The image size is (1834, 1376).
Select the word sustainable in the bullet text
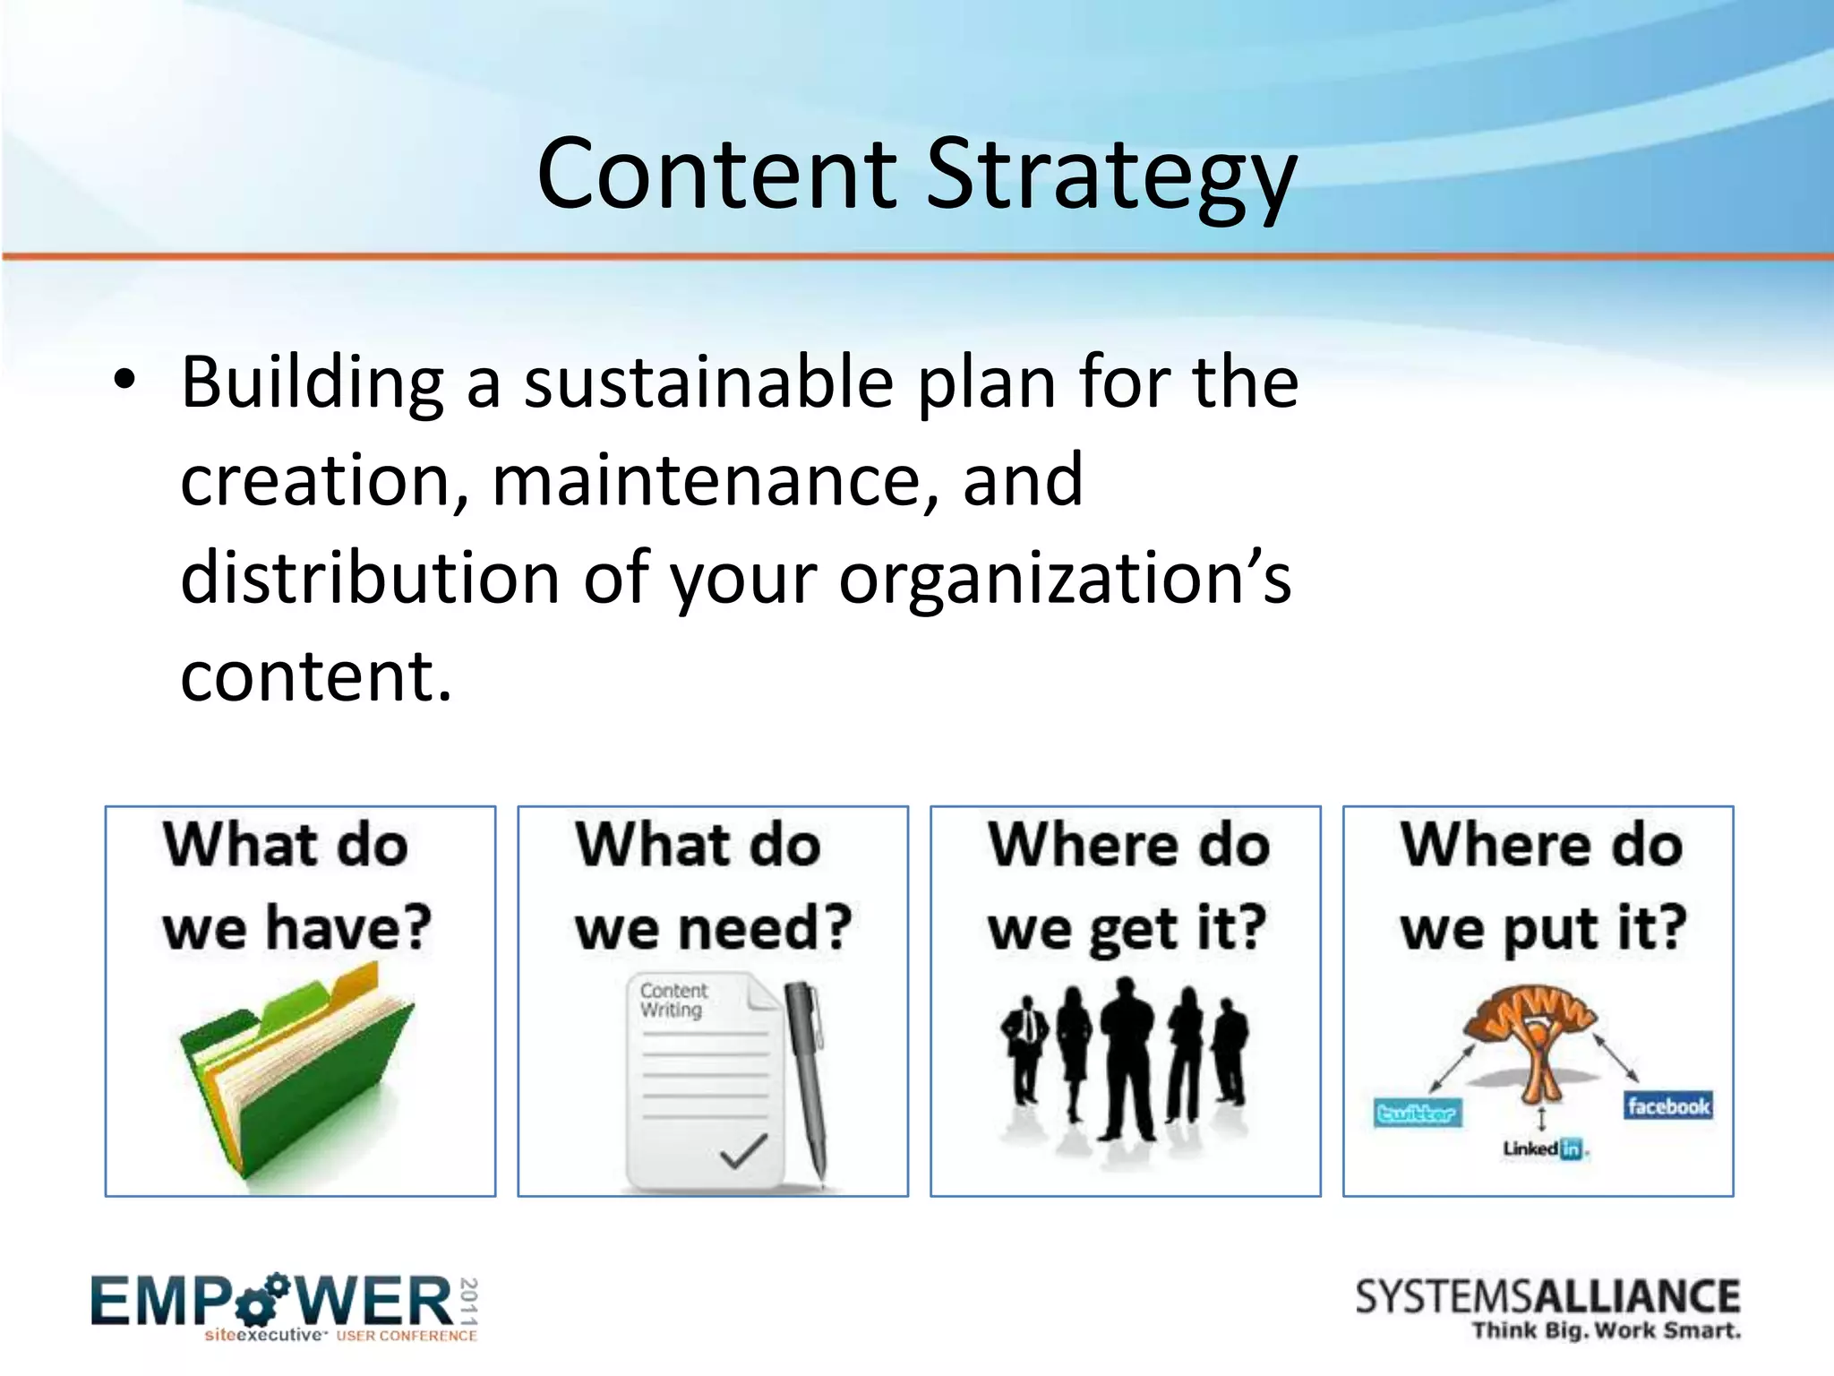pyautogui.click(x=708, y=383)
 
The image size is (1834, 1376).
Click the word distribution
pyautogui.click(x=370, y=578)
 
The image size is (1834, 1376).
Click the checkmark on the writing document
pyautogui.click(x=744, y=1152)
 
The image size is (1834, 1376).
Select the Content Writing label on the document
pyautogui.click(x=673, y=1000)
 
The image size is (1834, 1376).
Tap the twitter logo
pyautogui.click(x=1418, y=1114)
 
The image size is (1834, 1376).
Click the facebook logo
pyautogui.click(x=1668, y=1106)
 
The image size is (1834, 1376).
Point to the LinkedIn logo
pyautogui.click(x=1543, y=1148)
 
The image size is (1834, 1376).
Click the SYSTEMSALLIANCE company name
pyautogui.click(x=1547, y=1297)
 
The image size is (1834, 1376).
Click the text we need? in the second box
pyautogui.click(x=713, y=928)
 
